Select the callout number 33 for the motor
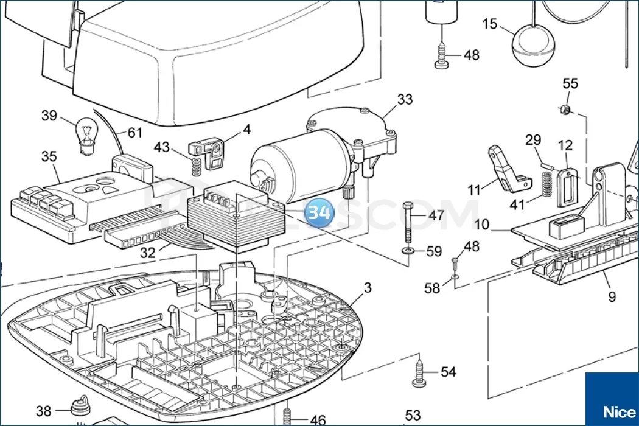[x=405, y=99]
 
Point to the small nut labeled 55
[x=564, y=110]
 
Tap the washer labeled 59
[x=407, y=251]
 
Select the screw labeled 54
[x=419, y=372]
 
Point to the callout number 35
[x=49, y=156]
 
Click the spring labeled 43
[x=196, y=166]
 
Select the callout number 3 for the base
[x=367, y=288]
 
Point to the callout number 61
[x=134, y=132]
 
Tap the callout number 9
[x=612, y=296]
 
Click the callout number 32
[x=148, y=253]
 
